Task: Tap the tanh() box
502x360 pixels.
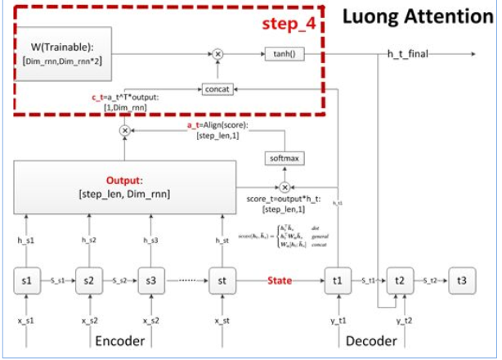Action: pyautogui.click(x=282, y=54)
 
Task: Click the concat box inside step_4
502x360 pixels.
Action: pyautogui.click(x=217, y=88)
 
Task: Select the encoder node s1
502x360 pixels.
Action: pyautogui.click(x=27, y=281)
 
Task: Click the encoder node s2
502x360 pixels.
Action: pyautogui.click(x=88, y=281)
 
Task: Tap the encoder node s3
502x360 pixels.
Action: pyautogui.click(x=150, y=281)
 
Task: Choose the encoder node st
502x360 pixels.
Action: pyautogui.click(x=222, y=281)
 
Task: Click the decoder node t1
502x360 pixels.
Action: pyautogui.click(x=338, y=281)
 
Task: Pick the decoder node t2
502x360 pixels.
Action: pyautogui.click(x=400, y=281)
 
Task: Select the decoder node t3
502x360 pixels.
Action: pyautogui.click(x=462, y=281)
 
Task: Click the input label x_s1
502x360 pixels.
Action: pyautogui.click(x=27, y=321)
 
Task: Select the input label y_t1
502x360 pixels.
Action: pyautogui.click(x=338, y=321)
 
